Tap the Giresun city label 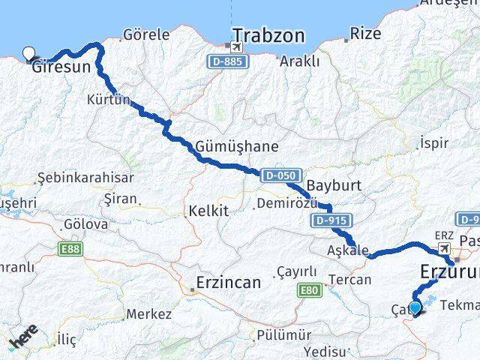[x=61, y=67]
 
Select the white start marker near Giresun [x=29, y=53]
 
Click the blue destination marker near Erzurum [x=414, y=307]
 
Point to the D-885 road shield [x=226, y=61]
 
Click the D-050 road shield [x=280, y=175]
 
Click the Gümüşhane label [x=236, y=147]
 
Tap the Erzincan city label [x=227, y=283]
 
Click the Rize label [x=366, y=34]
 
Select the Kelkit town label [x=208, y=211]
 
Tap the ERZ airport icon [x=444, y=247]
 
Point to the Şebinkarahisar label [x=85, y=178]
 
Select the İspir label [x=433, y=142]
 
